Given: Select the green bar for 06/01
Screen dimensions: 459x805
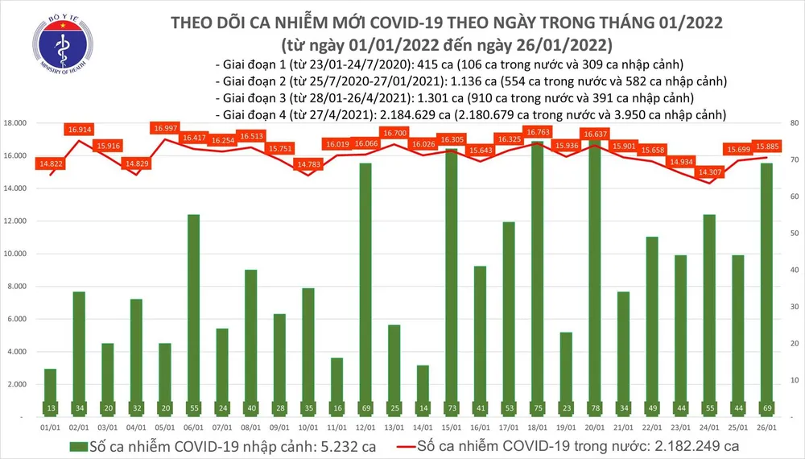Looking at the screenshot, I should (x=192, y=314).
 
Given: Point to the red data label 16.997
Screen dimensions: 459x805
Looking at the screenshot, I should (x=166, y=128).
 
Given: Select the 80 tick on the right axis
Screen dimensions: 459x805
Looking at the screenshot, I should (x=792, y=123).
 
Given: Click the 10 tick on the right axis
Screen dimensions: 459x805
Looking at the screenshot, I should (x=792, y=380).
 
